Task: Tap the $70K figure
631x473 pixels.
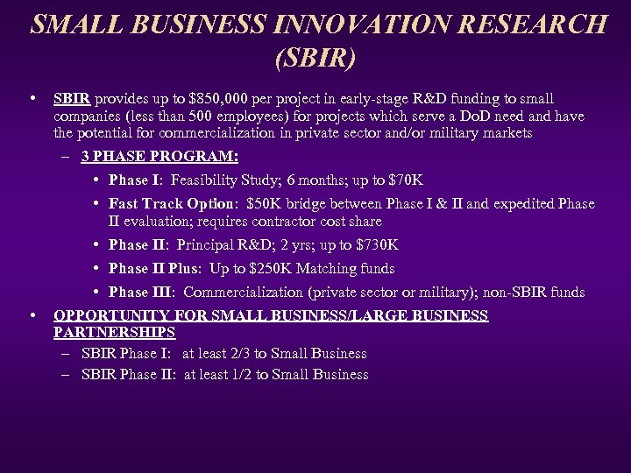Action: (x=404, y=181)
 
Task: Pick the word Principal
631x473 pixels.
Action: (x=209, y=245)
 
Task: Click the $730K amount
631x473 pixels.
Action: (x=378, y=245)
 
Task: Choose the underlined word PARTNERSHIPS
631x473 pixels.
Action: (x=115, y=333)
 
